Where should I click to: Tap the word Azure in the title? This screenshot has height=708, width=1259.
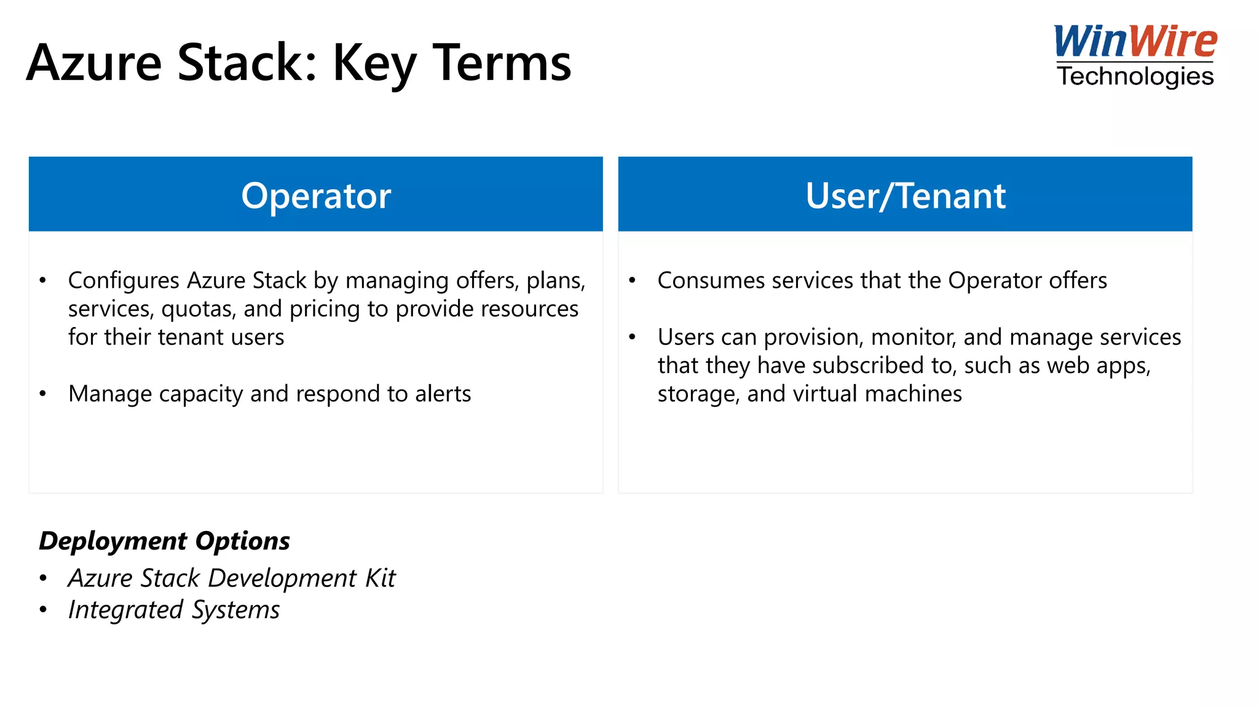click(94, 63)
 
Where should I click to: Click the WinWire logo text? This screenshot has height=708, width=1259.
click(1135, 42)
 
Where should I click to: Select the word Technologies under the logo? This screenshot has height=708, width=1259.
click(1135, 77)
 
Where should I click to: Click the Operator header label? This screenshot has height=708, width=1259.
click(316, 196)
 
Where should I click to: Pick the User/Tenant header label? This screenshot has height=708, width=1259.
click(905, 196)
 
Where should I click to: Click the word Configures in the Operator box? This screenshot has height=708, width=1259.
click(124, 281)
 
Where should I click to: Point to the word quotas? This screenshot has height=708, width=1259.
click(198, 309)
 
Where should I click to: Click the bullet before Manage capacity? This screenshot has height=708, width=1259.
click(42, 394)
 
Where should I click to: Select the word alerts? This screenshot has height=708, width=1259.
click(443, 394)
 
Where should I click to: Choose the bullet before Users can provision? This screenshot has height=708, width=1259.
click(632, 337)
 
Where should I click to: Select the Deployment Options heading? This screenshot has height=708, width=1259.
click(164, 541)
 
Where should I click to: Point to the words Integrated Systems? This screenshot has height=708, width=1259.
click(174, 610)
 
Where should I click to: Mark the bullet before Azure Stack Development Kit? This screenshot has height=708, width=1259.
click(42, 578)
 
